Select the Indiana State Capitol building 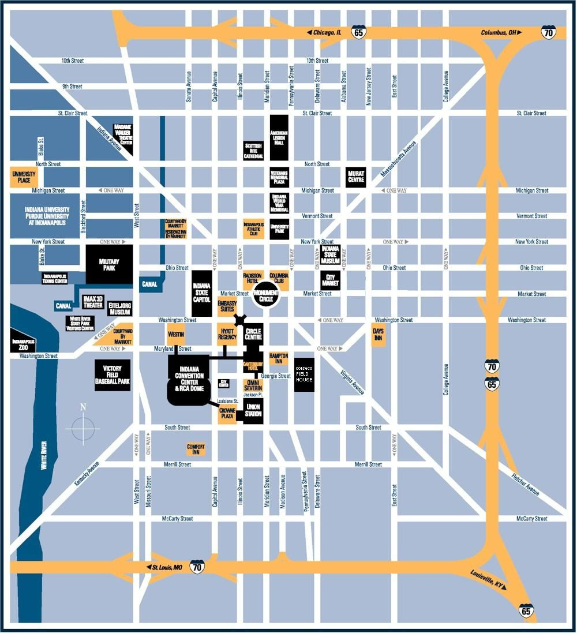[x=202, y=294]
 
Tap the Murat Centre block [x=355, y=177]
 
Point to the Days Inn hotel [x=378, y=334]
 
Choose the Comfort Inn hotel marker [x=196, y=448]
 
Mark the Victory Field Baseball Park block [x=113, y=375]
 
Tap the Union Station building [x=253, y=410]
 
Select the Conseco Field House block [x=304, y=374]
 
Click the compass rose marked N [x=83, y=426]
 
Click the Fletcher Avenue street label [x=526, y=484]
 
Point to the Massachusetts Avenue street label [x=398, y=159]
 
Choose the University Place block [x=24, y=177]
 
